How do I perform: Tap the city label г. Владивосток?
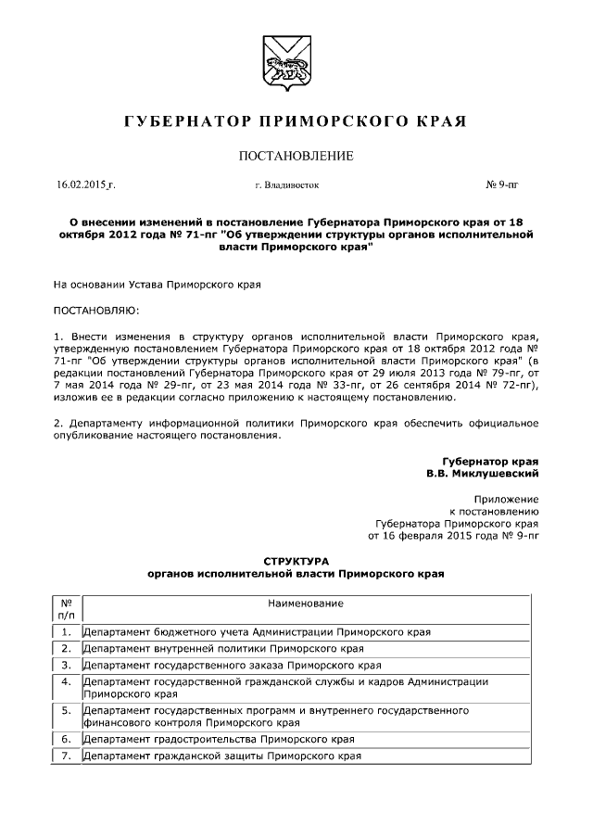click(286, 185)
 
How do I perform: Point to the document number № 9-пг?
click(502, 185)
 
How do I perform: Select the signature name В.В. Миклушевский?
click(481, 473)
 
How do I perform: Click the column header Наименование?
click(299, 604)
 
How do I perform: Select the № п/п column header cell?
click(66, 608)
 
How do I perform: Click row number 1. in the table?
click(66, 632)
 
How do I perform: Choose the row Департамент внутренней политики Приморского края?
click(222, 648)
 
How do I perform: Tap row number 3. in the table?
click(66, 665)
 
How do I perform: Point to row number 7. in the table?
click(66, 756)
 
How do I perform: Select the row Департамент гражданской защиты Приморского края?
click(221, 756)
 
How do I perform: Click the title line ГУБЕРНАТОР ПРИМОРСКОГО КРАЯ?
click(296, 122)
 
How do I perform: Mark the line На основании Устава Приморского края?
click(157, 286)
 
